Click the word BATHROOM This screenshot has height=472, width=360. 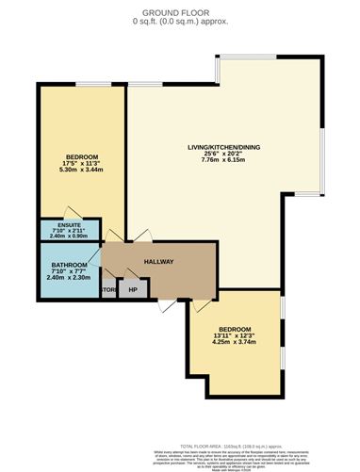70,265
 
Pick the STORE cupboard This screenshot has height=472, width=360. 110,289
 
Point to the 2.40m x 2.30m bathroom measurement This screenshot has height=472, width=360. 70,278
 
